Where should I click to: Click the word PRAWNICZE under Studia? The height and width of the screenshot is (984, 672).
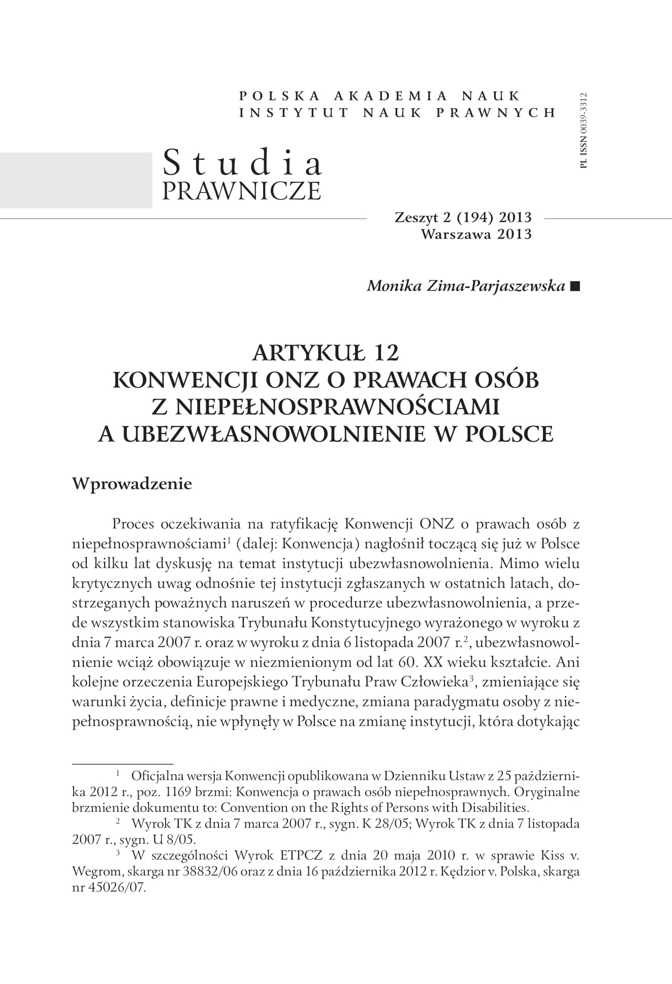click(x=241, y=190)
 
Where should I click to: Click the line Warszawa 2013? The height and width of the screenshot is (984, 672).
click(x=476, y=234)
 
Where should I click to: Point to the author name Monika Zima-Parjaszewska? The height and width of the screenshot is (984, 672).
click(x=466, y=286)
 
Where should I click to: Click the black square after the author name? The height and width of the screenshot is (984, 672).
click(x=574, y=286)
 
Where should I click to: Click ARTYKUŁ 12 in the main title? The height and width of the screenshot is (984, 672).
click(x=326, y=353)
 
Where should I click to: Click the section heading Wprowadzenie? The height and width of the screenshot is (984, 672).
click(x=132, y=483)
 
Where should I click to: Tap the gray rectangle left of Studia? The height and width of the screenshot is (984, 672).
click(x=76, y=180)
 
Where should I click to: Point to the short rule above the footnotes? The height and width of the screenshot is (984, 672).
click(x=122, y=763)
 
